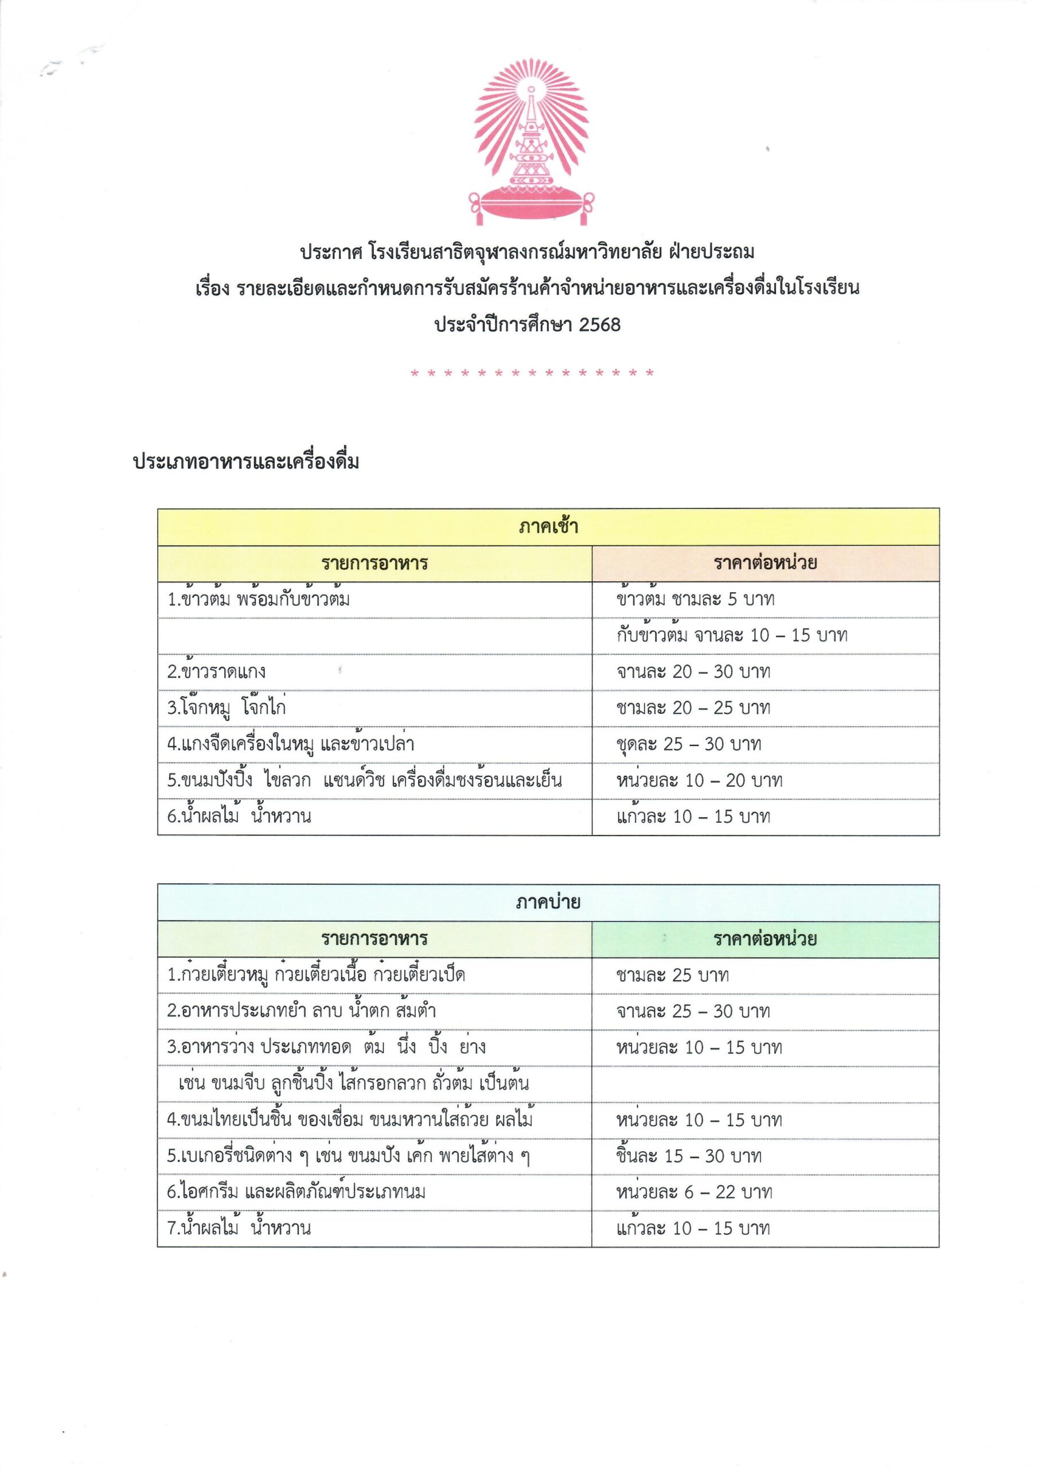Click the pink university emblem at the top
point(531,142)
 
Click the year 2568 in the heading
point(599,325)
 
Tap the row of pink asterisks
point(532,373)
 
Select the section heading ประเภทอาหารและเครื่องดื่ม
point(245,462)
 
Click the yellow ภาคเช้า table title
point(548,527)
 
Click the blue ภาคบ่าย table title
point(548,903)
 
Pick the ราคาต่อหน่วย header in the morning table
point(765,563)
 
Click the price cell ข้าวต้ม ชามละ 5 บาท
point(695,600)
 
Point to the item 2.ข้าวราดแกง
point(217,672)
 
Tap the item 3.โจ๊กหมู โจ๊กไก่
point(227,708)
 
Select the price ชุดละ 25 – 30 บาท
point(688,744)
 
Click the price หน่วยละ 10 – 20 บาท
point(699,780)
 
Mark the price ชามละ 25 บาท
point(672,976)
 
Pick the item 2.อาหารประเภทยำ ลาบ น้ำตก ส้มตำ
point(301,1012)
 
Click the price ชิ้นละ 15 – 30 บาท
point(688,1156)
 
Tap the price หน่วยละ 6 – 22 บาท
point(694,1192)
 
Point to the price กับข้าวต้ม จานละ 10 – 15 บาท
point(732,635)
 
